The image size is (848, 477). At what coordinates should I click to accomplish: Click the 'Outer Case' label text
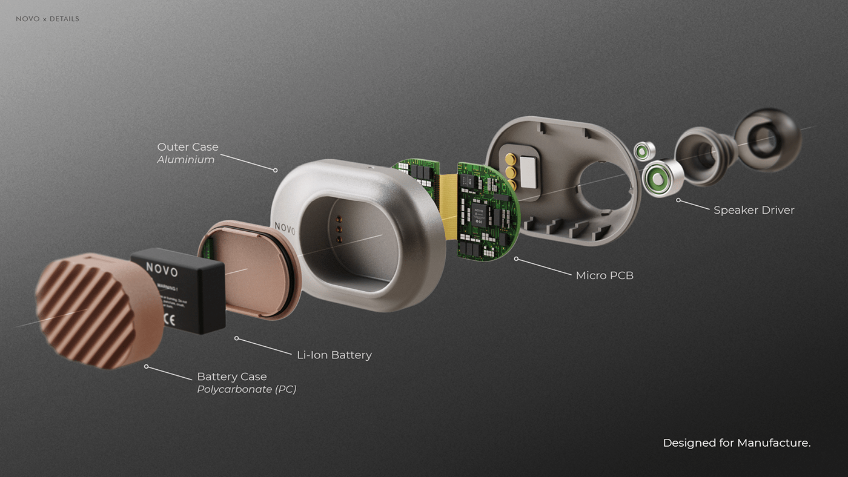[x=187, y=147]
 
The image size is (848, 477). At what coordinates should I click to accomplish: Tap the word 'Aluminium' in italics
[x=185, y=160]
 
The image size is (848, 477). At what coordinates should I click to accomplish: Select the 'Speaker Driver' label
[x=754, y=210]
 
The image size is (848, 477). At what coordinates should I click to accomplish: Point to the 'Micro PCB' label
[x=604, y=275]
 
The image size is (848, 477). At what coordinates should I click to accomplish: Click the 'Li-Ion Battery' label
[x=334, y=355]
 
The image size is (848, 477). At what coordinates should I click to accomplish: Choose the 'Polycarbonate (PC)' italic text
[x=247, y=389]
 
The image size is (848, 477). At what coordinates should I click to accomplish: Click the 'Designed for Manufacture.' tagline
[x=737, y=443]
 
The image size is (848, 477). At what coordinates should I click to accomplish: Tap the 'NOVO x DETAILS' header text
[x=47, y=19]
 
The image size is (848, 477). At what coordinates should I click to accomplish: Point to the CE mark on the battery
[x=159, y=317]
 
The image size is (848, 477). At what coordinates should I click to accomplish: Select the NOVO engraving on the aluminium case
[x=285, y=228]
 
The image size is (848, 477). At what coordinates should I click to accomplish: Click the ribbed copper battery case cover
[x=97, y=309]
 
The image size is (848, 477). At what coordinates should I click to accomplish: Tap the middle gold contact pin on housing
[x=511, y=173]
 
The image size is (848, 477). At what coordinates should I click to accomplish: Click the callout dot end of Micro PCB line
[x=516, y=258]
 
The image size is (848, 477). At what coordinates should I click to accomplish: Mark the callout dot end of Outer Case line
[x=275, y=170]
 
